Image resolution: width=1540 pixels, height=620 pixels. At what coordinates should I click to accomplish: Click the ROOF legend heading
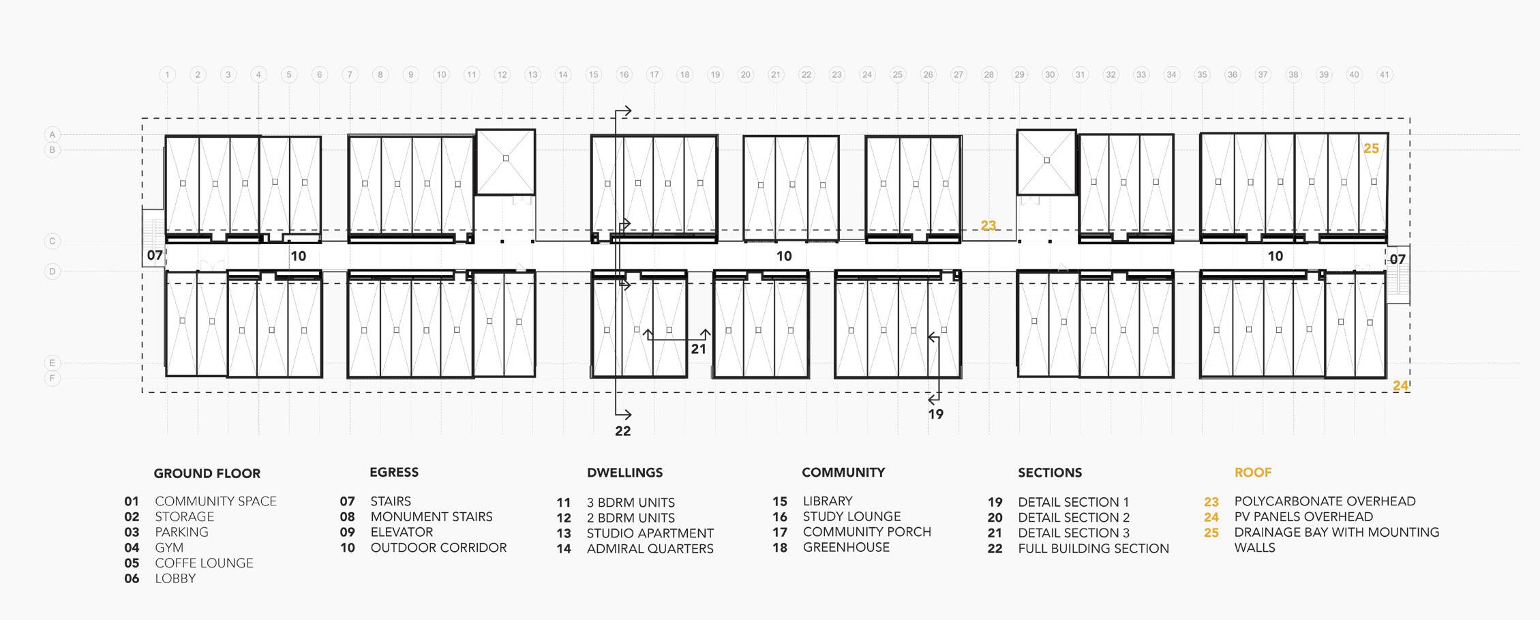pos(1252,473)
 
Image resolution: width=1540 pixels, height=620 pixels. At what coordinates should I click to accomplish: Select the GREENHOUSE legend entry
pos(845,547)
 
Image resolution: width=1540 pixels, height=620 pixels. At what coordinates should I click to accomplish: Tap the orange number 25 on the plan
pos(1370,149)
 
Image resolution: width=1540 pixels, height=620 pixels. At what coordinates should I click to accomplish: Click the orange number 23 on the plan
pos(988,226)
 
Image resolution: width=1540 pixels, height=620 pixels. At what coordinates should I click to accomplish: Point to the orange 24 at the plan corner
pos(1400,386)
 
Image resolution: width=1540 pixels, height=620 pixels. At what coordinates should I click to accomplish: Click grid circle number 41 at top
pos(1384,75)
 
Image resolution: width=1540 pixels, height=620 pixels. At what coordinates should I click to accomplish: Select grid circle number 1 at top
pos(168,75)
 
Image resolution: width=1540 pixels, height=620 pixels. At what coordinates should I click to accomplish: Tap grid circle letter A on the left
pos(52,134)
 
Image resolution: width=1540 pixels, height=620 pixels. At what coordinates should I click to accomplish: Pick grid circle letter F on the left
pos(52,378)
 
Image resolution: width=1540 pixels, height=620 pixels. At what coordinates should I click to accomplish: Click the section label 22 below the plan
pos(622,431)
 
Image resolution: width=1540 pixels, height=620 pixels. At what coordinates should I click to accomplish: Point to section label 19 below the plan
pos(935,414)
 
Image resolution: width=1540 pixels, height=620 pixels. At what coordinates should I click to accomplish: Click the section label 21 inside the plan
pos(698,349)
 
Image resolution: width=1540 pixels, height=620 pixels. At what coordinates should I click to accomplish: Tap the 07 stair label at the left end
pos(155,256)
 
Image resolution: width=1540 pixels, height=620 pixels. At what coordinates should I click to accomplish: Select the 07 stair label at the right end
pos(1397,259)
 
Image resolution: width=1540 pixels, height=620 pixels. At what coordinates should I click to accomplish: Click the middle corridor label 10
pos(784,256)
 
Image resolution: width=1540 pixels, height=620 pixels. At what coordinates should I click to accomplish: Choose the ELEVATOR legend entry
pos(402,532)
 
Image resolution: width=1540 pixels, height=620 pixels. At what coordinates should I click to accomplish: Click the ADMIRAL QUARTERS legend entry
pos(650,548)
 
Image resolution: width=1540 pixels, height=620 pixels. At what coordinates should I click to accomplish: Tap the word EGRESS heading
pos(394,472)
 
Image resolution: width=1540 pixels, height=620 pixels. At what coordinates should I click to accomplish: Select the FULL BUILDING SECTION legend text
pos(1093,548)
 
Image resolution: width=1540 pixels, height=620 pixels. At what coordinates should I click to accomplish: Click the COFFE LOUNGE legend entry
pos(204,563)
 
